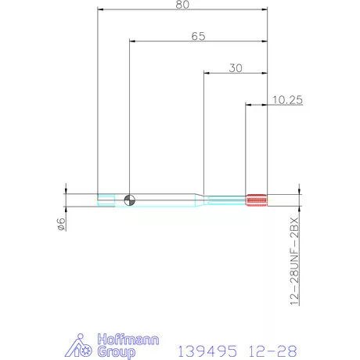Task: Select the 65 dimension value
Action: coord(197,36)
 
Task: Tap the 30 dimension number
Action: coord(235,68)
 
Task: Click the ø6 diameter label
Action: coord(60,225)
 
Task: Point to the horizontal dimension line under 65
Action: coord(197,42)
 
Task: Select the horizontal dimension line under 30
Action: coord(235,74)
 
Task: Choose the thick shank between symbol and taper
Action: coord(164,199)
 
